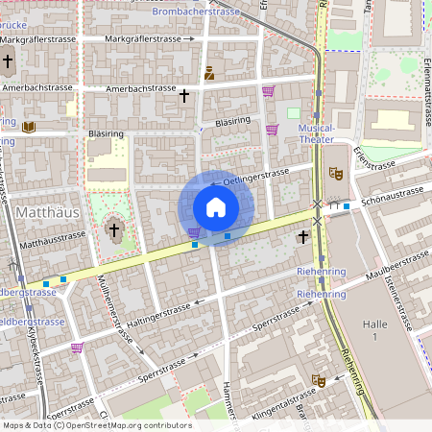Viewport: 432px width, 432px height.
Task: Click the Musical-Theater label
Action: pyautogui.click(x=317, y=133)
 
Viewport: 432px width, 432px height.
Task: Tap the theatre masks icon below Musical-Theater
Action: pyautogui.click(x=335, y=173)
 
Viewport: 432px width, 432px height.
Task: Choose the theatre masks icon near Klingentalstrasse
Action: pyautogui.click(x=320, y=381)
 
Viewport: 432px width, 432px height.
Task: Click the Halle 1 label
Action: pyautogui.click(x=375, y=332)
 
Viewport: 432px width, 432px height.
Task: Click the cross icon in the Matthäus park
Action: pyautogui.click(x=114, y=229)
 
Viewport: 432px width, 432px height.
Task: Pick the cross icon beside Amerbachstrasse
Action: pyautogui.click(x=184, y=95)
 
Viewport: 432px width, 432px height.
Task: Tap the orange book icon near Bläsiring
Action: pyautogui.click(x=29, y=127)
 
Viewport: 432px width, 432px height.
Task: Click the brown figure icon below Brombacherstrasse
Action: pyautogui.click(x=209, y=73)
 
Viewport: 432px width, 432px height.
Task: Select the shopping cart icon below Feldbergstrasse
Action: pyautogui.click(x=77, y=347)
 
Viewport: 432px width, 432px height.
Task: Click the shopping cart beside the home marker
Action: pyautogui.click(x=194, y=232)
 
